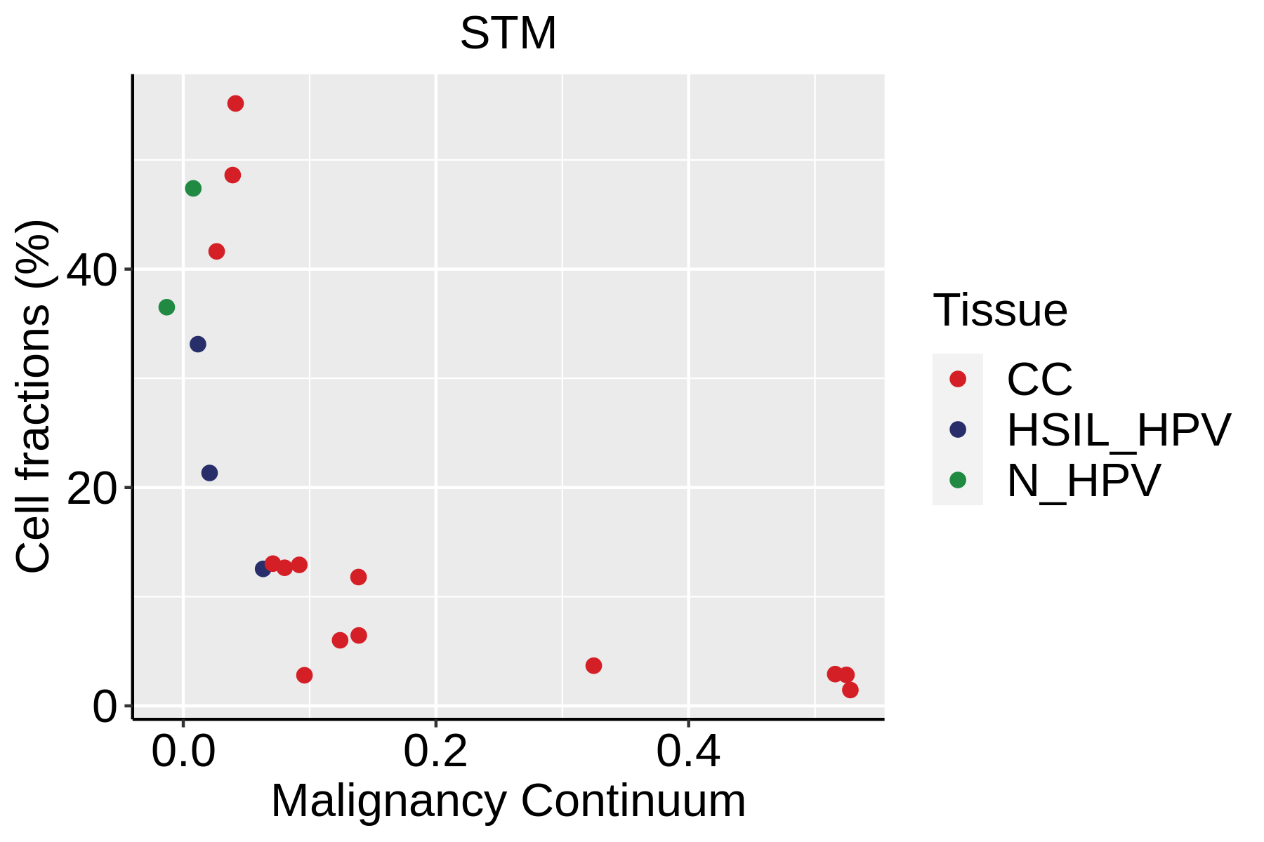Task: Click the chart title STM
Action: point(508,34)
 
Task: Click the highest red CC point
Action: point(235,104)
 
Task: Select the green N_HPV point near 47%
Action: point(193,188)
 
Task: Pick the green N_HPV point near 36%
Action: point(166,307)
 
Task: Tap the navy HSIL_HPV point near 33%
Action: point(198,344)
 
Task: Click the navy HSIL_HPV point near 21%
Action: point(209,473)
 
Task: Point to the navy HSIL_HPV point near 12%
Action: point(263,568)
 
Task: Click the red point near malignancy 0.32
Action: point(593,665)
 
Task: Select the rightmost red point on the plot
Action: point(850,690)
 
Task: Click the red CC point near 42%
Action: point(216,251)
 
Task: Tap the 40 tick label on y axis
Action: point(91,270)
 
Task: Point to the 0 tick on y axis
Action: point(105,707)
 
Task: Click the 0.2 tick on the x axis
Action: point(435,752)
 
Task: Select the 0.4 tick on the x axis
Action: point(688,752)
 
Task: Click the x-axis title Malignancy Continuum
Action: point(508,801)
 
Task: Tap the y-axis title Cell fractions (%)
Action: point(33,396)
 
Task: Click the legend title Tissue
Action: point(1000,310)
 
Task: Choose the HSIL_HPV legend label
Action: point(1119,430)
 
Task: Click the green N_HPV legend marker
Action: point(957,481)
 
